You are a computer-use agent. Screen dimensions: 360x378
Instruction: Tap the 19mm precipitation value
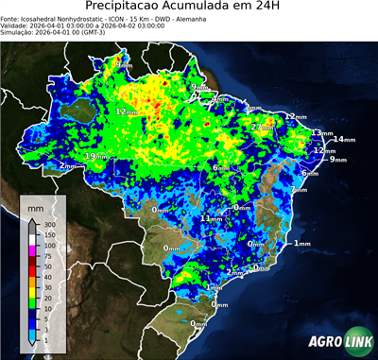95,156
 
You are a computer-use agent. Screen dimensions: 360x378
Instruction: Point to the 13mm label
322,133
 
